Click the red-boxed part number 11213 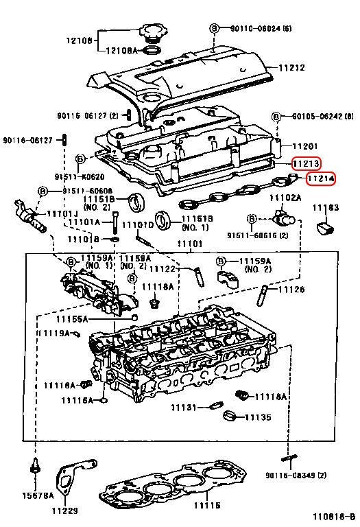[306, 164]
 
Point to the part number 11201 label [306, 146]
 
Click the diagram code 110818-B [334, 516]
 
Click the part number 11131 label [184, 408]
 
